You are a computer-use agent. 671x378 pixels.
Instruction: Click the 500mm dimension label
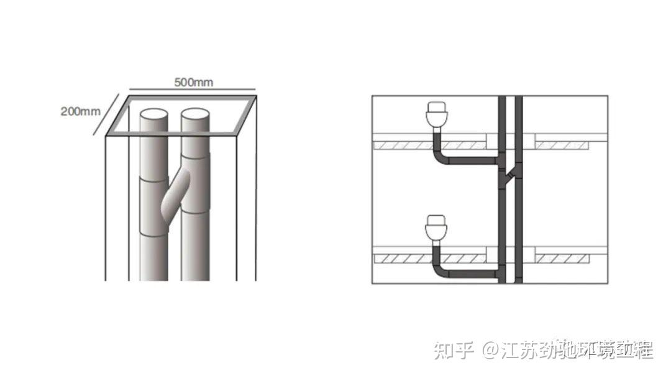tap(193, 83)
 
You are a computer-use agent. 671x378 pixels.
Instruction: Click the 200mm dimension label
tap(80, 112)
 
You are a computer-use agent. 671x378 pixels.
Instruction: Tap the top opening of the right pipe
tap(196, 116)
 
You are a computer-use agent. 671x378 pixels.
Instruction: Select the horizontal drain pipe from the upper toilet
tap(472, 162)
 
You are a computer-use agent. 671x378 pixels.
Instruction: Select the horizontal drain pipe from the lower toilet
tap(472, 274)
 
